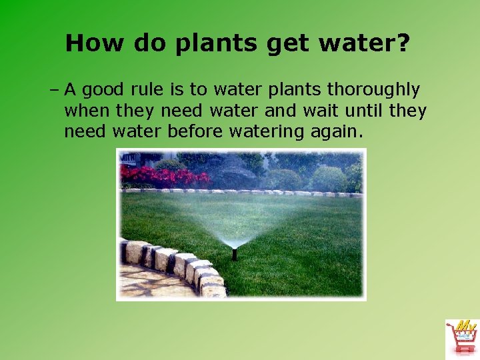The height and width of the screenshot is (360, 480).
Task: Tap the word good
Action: point(115,90)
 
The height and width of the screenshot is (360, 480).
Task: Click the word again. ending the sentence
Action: point(338,131)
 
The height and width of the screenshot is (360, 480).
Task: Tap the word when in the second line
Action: point(84,111)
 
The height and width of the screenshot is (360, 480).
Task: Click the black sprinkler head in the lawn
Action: point(234,254)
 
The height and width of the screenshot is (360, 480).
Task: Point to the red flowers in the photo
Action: point(163,176)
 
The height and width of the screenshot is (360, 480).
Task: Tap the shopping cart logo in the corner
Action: point(461,337)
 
